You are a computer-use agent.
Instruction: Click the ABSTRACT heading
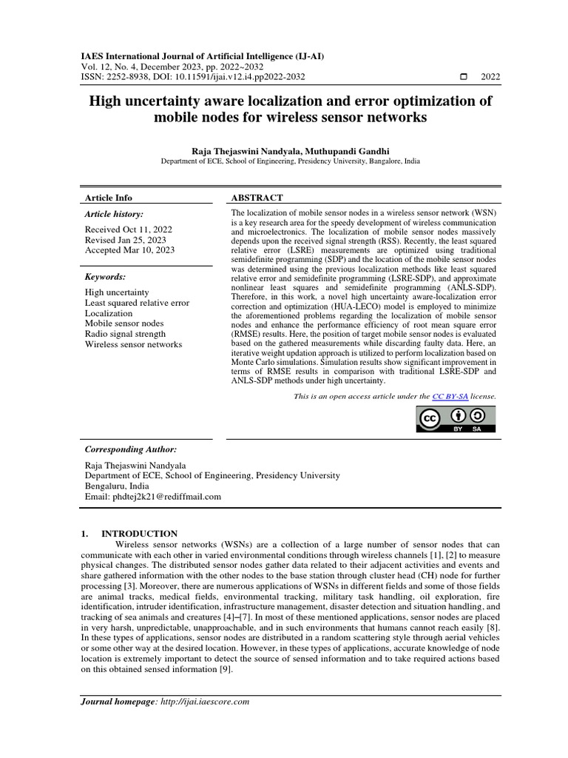click(257, 198)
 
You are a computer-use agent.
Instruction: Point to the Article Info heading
click(109, 198)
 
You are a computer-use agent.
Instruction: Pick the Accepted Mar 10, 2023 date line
click(130, 250)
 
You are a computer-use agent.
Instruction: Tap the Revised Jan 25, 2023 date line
click(126, 240)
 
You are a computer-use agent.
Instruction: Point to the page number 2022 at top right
click(490, 77)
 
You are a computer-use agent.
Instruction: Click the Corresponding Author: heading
click(131, 449)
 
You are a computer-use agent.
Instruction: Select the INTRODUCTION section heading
click(139, 533)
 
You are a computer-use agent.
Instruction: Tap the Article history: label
click(114, 214)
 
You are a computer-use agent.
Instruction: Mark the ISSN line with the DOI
click(192, 76)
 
